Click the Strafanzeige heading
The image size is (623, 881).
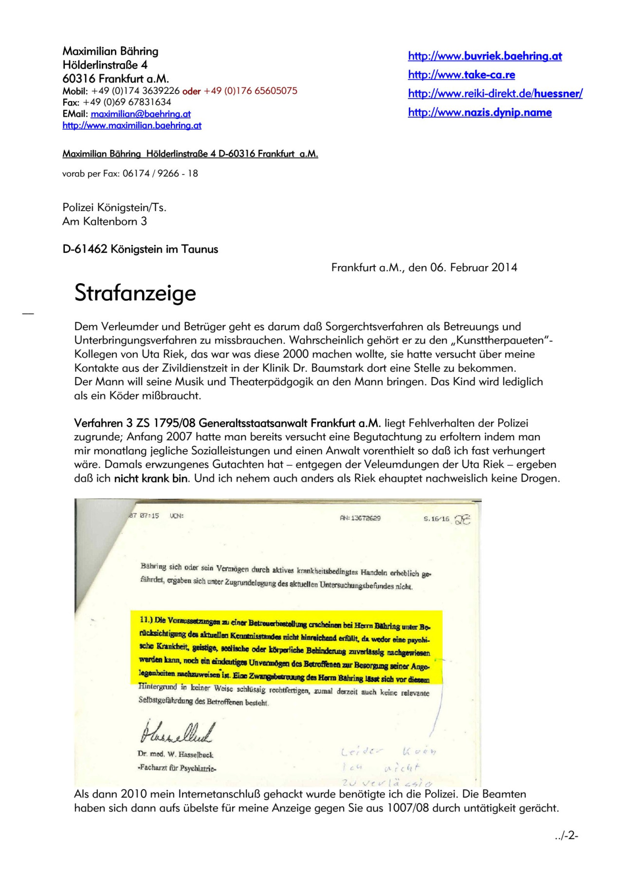coord(135,293)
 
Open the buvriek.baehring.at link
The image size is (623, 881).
coord(485,56)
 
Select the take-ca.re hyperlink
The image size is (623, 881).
coord(461,75)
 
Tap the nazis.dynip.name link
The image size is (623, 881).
coord(480,112)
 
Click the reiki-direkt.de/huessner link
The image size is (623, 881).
coord(495,93)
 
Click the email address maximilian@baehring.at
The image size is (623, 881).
coord(141,114)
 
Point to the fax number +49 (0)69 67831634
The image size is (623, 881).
coord(127,102)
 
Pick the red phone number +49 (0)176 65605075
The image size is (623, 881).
coord(250,91)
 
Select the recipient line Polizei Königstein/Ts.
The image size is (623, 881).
coord(114,208)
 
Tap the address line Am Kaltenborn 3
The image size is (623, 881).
coord(105,221)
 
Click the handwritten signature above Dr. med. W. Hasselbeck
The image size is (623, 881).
coord(176,732)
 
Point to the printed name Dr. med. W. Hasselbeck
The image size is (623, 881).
coord(175,755)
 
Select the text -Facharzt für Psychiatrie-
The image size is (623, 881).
coord(177,768)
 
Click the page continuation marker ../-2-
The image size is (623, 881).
coord(566,836)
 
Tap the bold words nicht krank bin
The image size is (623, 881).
coord(151,479)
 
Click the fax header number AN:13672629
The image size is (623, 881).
coord(360,518)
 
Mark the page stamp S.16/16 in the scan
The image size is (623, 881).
coord(436,519)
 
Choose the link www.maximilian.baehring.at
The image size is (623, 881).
coord(132,126)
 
